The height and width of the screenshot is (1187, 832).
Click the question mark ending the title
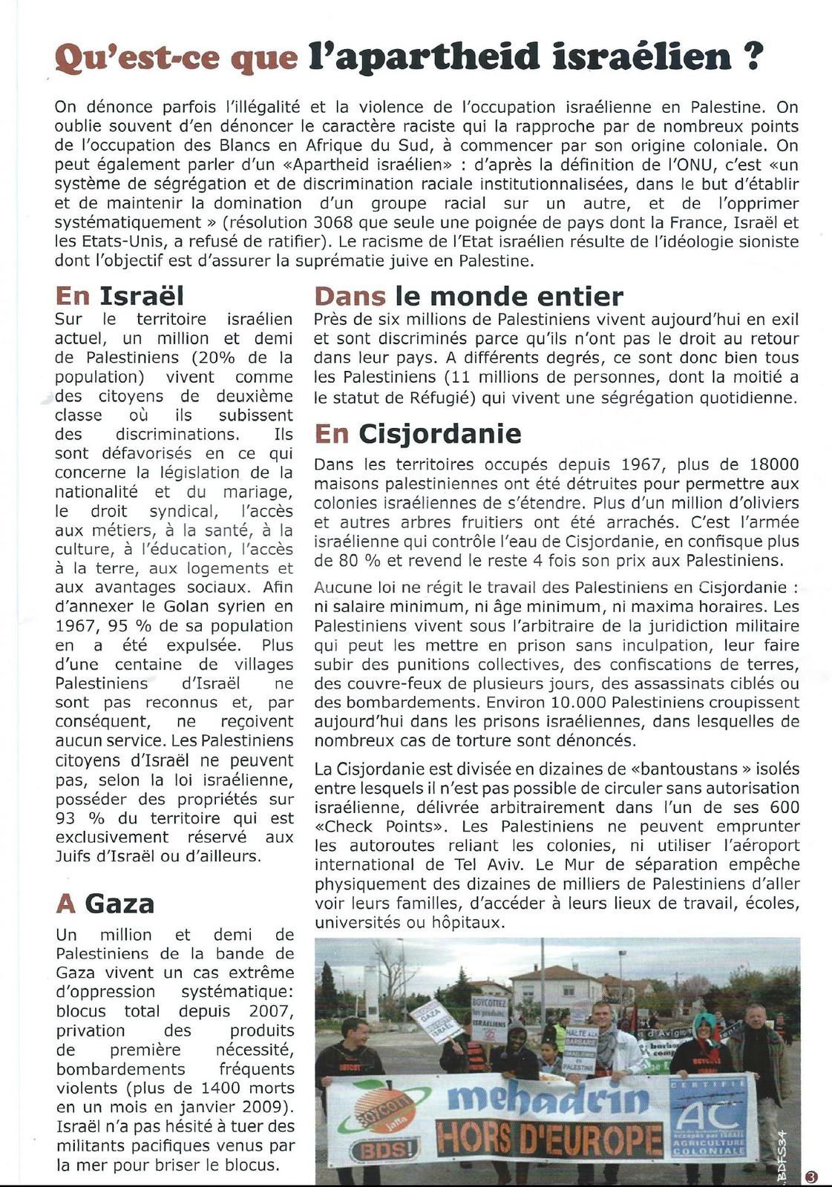tap(752, 56)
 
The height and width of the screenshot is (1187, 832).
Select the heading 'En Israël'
tap(119, 296)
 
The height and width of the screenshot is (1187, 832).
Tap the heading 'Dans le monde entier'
tap(468, 296)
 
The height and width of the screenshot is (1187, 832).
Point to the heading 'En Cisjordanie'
tap(418, 433)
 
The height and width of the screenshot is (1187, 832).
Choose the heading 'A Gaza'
tap(105, 903)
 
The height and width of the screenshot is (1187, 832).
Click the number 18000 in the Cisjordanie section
tap(774, 464)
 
